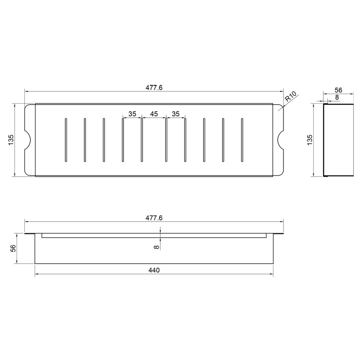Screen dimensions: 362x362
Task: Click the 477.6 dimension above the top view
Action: pos(154,88)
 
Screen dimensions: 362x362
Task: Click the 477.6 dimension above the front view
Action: pos(154,218)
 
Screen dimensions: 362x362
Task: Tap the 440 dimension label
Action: pos(154,270)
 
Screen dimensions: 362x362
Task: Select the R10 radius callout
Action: pos(290,97)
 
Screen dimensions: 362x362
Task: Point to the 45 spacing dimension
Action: pos(154,114)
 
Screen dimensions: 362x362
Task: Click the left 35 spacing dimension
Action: pos(132,114)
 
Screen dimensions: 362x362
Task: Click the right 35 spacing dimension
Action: pos(176,114)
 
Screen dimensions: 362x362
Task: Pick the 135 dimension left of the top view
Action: pos(11,140)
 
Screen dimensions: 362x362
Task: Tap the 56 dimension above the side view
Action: pos(338,90)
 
